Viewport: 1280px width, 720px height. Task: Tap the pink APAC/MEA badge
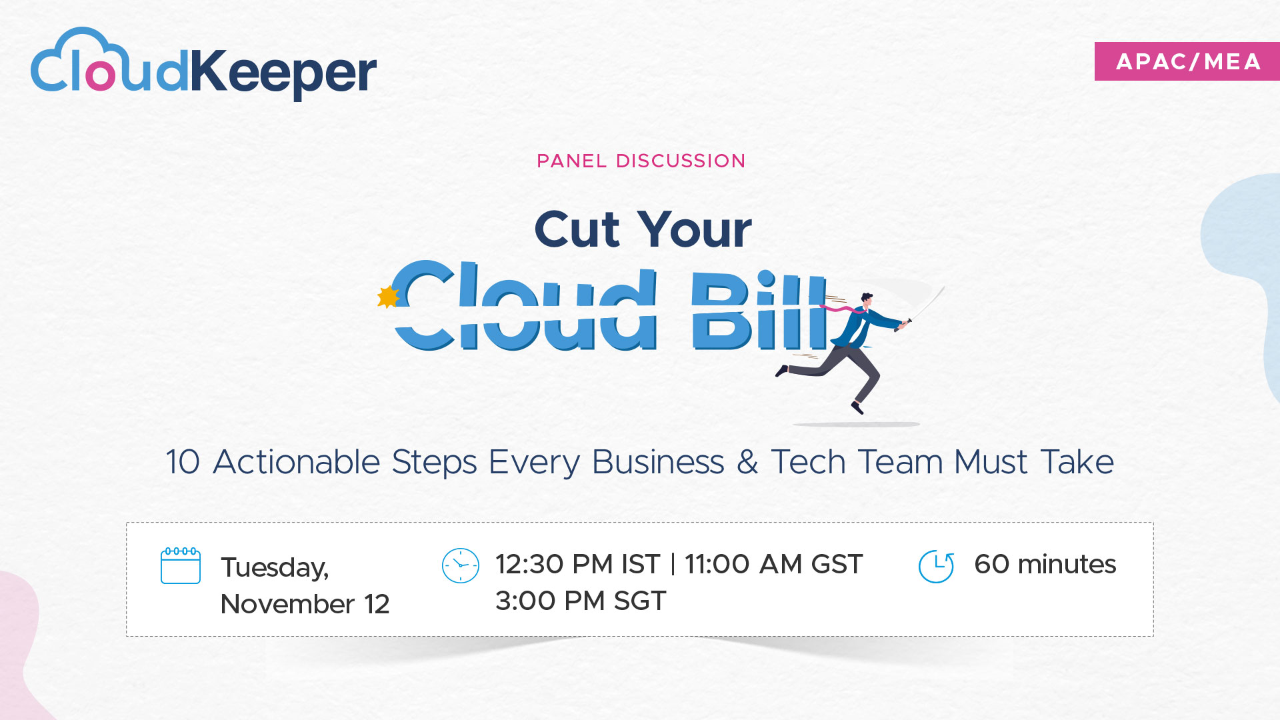(1187, 61)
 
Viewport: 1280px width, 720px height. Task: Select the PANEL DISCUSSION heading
(641, 161)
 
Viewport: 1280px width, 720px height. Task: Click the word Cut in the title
(577, 229)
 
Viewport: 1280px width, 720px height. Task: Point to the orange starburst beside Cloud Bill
(387, 297)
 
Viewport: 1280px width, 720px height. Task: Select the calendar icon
(181, 566)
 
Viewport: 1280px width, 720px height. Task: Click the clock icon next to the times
(461, 565)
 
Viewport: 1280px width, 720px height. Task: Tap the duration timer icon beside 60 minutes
(936, 566)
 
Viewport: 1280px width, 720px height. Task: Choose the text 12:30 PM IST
(578, 564)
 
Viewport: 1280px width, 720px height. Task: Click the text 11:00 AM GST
(773, 564)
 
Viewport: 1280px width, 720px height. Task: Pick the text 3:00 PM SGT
(581, 601)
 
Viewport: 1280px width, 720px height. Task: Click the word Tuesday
(275, 568)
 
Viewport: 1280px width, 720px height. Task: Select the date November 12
(305, 604)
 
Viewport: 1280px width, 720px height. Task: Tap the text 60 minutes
(1045, 564)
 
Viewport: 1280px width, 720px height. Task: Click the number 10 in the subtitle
(183, 462)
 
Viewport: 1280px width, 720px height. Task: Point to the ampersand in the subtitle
(747, 462)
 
